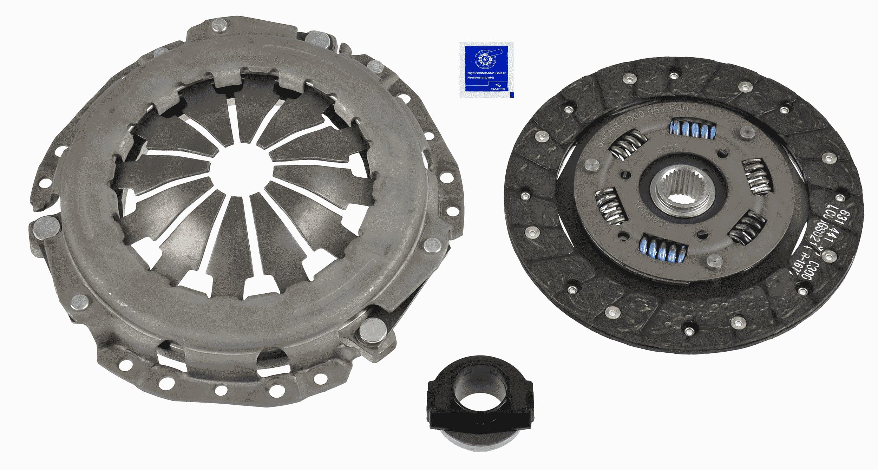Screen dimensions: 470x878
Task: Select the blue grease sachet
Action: (486, 70)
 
